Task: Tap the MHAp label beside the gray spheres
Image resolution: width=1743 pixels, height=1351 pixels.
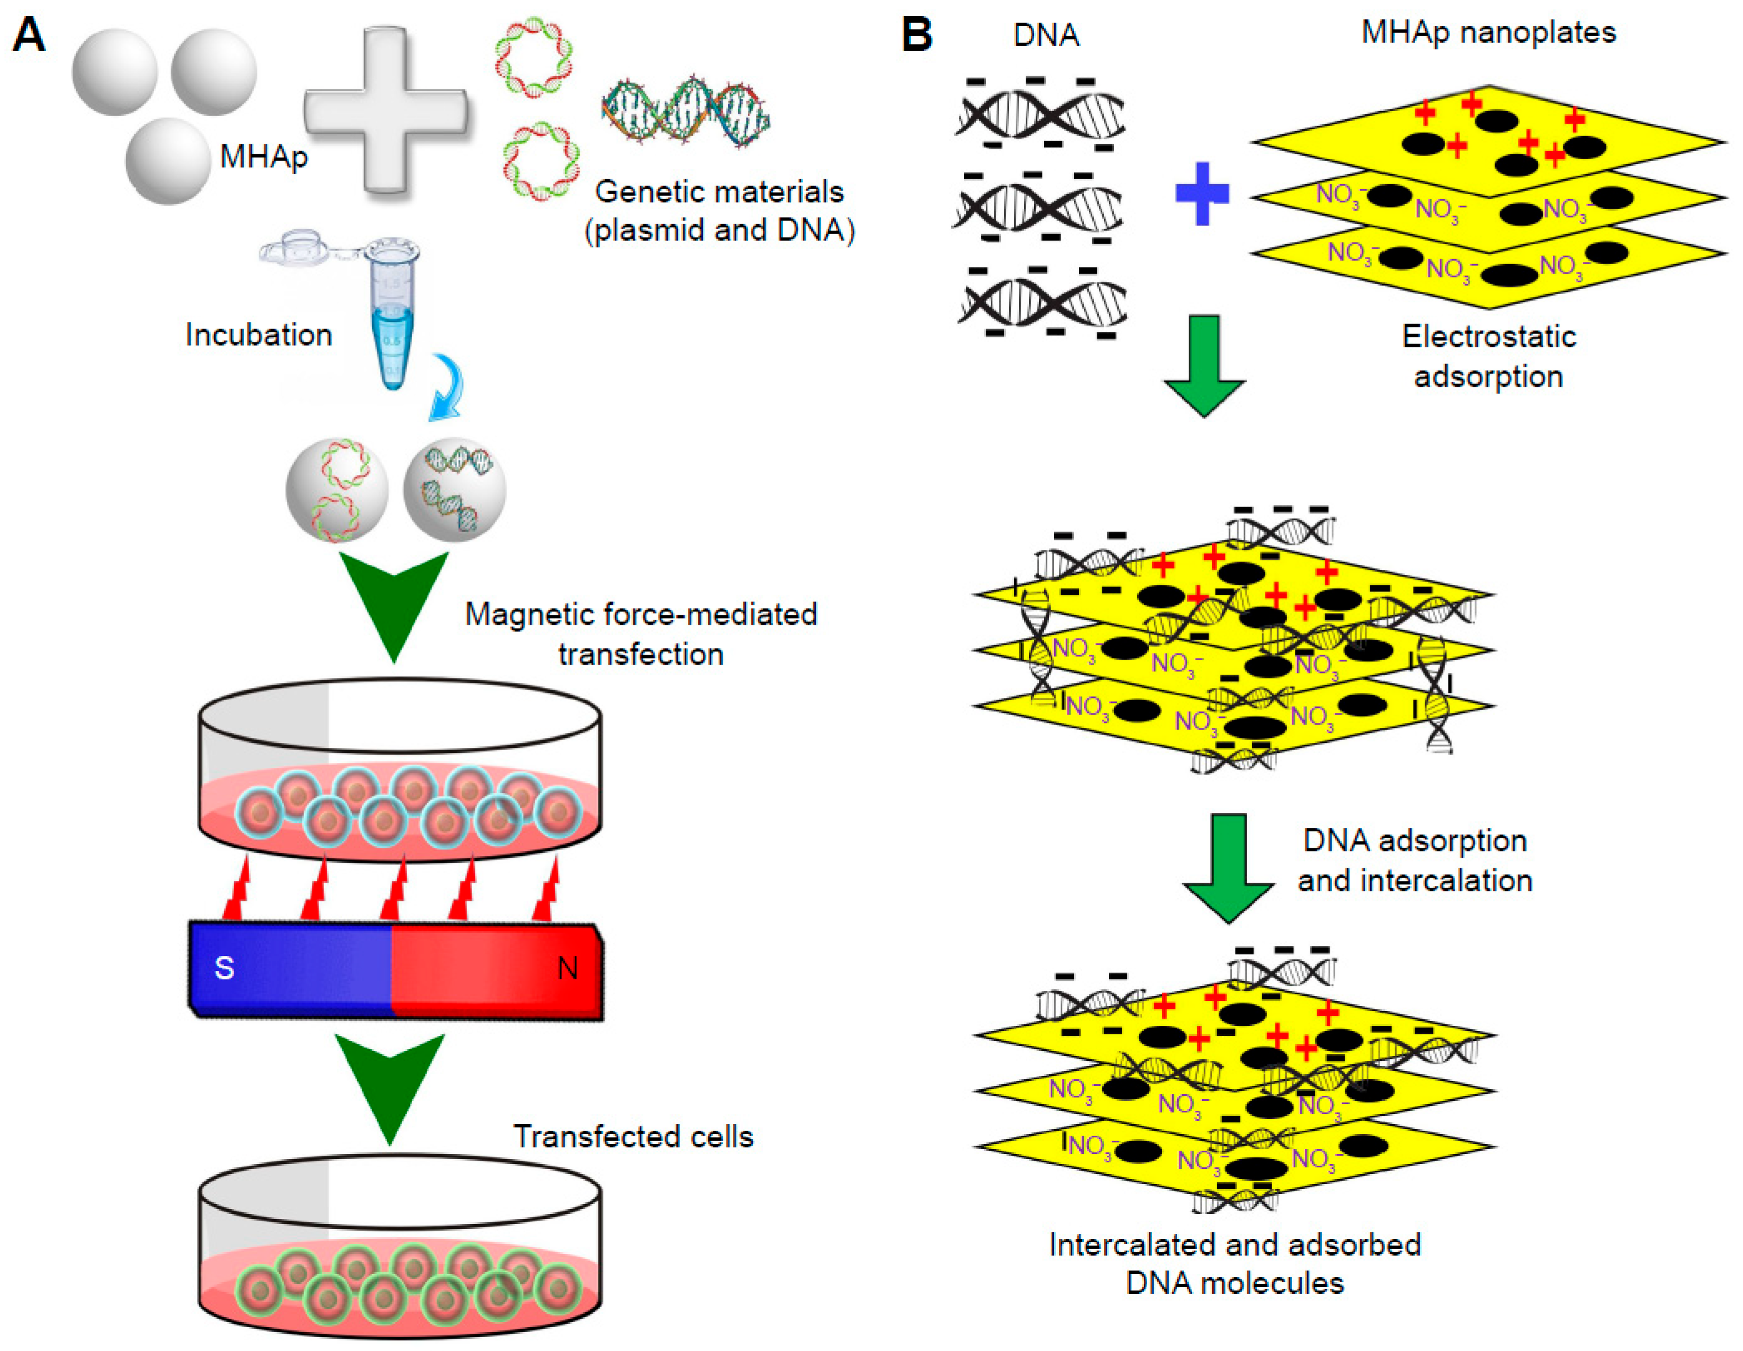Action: (264, 156)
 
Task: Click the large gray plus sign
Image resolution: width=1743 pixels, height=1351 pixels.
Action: (386, 110)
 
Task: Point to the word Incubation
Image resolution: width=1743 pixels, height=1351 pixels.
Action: (259, 335)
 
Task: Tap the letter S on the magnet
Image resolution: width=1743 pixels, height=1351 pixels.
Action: (224, 968)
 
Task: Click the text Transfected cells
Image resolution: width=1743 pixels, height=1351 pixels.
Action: (633, 1136)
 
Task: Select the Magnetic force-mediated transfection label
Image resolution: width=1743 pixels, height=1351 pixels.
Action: (641, 634)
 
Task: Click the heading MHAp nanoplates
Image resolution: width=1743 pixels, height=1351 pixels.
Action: (1488, 32)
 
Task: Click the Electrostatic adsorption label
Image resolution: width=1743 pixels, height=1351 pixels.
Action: (1488, 356)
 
